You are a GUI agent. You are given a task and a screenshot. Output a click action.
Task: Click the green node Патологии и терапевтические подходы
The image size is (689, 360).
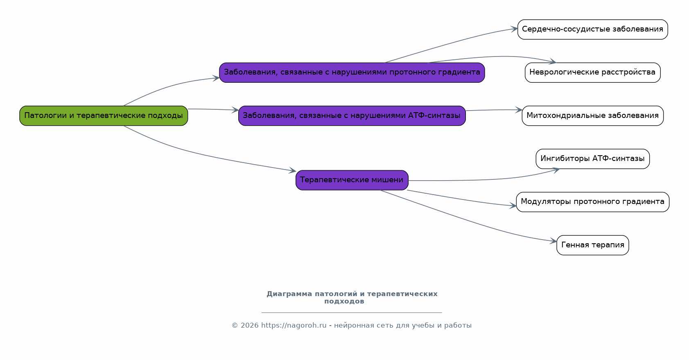click(104, 115)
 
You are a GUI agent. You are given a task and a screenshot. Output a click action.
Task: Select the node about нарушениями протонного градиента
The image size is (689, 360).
click(352, 72)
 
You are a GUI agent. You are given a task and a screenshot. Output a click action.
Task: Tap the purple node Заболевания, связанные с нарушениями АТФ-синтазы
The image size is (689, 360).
click(352, 115)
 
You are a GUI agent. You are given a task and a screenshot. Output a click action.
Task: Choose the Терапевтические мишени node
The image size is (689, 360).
click(352, 180)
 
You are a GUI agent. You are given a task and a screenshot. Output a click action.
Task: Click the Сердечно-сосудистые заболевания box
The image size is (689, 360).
click(593, 29)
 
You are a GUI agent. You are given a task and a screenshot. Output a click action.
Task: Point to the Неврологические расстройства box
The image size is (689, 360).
click(593, 72)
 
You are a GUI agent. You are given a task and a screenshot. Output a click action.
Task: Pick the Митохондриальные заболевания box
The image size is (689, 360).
click(593, 115)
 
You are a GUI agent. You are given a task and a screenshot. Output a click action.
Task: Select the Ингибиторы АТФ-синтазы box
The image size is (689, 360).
click(593, 159)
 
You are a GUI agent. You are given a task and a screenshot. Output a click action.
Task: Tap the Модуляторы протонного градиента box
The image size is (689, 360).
click(593, 202)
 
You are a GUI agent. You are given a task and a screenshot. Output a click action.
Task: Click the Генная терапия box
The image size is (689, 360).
click(593, 245)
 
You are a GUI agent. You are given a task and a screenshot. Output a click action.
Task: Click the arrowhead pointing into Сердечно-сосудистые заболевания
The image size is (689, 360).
click(514, 29)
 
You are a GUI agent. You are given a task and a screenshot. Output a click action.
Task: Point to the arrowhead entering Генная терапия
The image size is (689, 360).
click(553, 241)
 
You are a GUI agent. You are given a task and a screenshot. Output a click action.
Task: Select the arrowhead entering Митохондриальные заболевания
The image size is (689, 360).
click(519, 110)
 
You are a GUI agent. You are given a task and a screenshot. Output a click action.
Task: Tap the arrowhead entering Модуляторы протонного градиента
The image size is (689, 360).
click(513, 206)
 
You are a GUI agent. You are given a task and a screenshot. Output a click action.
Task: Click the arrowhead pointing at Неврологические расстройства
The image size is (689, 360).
click(552, 61)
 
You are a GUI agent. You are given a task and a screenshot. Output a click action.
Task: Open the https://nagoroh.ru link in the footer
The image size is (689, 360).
click(294, 326)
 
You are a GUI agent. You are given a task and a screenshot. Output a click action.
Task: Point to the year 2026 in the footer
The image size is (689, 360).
click(249, 326)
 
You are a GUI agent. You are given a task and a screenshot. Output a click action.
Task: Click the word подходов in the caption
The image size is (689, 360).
click(344, 301)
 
